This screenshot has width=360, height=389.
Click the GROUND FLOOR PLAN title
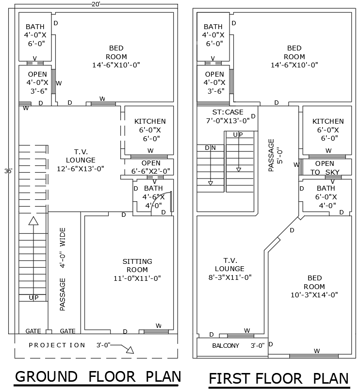[98, 376]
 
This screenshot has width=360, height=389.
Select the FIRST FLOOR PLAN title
[278, 378]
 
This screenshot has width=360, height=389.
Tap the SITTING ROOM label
[137, 270]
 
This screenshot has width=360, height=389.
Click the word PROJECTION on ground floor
[57, 345]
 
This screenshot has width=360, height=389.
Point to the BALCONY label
[226, 346]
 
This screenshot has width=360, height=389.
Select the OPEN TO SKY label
[325, 168]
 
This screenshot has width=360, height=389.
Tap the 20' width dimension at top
[96, 4]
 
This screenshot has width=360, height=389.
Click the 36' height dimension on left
[8, 171]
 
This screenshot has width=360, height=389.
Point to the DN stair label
[210, 147]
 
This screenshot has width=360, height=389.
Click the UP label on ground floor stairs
[33, 297]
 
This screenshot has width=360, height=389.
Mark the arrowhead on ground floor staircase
[33, 221]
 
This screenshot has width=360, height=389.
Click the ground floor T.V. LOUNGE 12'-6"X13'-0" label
[81, 160]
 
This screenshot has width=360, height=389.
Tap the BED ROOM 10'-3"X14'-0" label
[314, 286]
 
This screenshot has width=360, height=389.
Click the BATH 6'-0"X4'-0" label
[325, 196]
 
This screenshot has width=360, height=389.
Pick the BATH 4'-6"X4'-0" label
[153, 196]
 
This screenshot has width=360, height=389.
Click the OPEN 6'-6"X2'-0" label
[151, 167]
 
